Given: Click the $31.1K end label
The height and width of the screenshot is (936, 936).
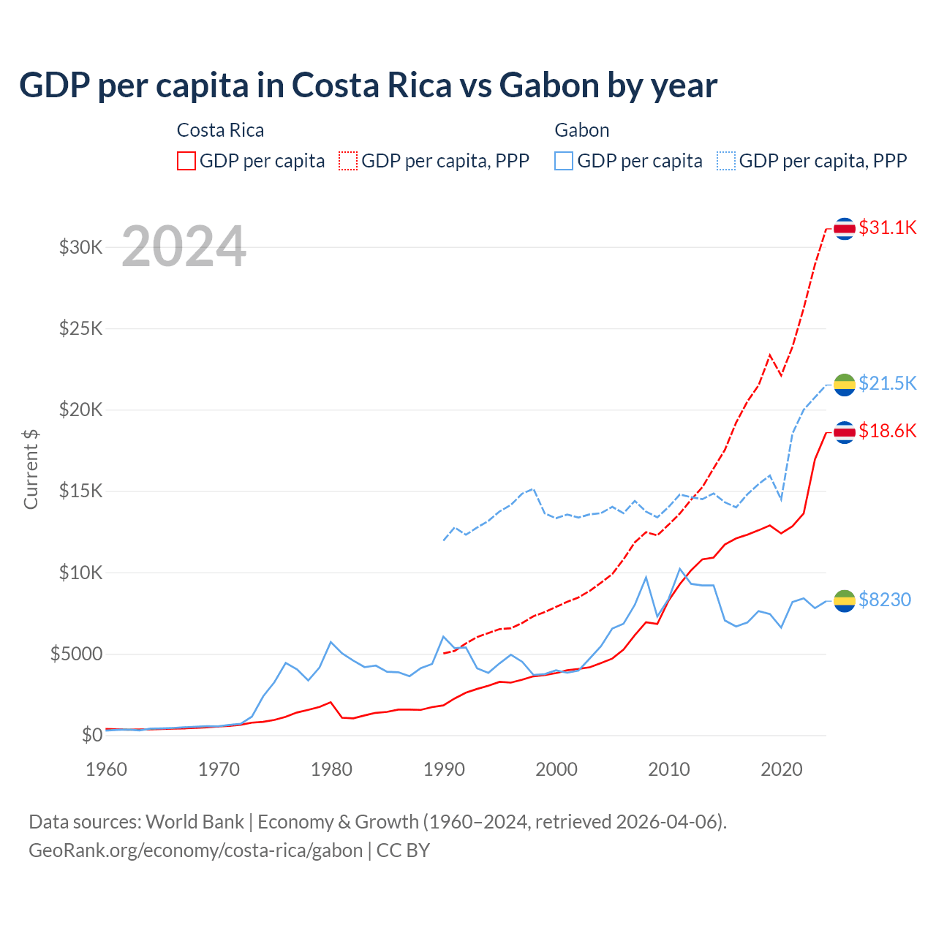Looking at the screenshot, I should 887,227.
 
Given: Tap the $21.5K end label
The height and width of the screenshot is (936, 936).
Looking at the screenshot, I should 887,383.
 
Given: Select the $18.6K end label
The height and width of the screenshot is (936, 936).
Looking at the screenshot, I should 887,431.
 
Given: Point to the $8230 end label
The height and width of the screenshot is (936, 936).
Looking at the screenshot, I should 884,600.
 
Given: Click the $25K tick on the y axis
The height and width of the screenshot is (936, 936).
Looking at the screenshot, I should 81,328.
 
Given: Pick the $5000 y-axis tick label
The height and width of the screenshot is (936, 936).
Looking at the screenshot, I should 77,654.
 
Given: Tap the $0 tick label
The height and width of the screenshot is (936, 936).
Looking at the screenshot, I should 92,735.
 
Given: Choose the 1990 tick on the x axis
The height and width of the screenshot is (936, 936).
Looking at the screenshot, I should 444,769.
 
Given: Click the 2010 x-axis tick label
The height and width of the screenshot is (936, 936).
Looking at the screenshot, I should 669,769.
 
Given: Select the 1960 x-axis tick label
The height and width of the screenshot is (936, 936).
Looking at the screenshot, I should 107,769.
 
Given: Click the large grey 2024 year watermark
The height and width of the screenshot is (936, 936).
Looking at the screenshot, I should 184,246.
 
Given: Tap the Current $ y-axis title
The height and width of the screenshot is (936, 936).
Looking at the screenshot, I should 31,469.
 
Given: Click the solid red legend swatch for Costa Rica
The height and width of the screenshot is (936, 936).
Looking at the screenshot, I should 186,161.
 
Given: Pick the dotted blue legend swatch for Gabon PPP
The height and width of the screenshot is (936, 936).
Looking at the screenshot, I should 726,161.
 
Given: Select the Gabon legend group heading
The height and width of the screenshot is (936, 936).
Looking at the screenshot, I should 582,130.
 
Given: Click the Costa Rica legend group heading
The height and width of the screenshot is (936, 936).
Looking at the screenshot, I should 220,130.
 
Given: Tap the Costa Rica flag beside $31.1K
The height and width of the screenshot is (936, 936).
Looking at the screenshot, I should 845,229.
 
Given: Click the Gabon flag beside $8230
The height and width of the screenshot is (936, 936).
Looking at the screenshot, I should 845,600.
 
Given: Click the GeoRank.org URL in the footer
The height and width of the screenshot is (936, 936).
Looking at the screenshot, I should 196,850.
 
